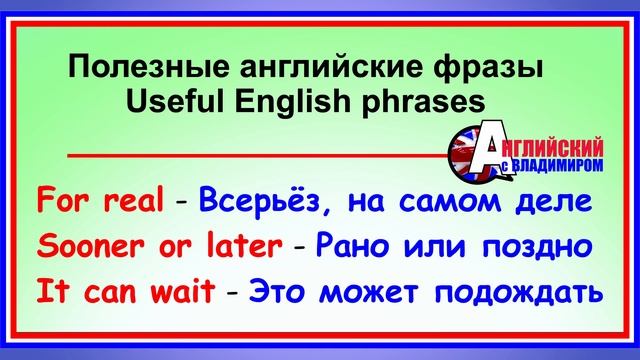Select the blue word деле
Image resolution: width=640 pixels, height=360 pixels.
(x=549, y=200)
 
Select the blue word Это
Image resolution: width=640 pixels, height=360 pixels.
(x=279, y=293)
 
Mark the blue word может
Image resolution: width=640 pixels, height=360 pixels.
(x=374, y=293)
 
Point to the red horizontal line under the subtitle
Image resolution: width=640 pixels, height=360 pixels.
(x=250, y=156)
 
